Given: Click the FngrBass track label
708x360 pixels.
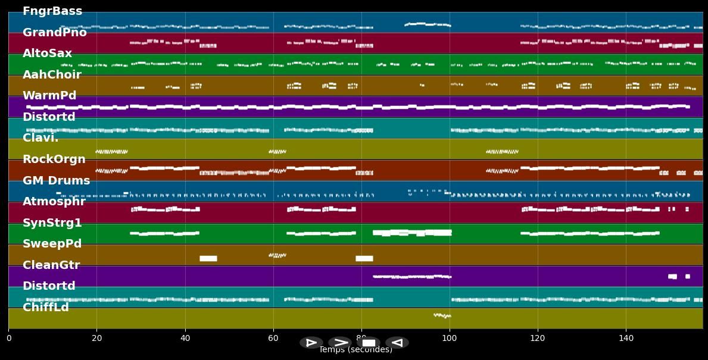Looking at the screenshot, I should [x=52, y=11].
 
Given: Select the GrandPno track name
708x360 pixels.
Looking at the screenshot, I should [x=55, y=33].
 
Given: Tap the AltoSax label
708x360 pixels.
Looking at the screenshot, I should [x=47, y=54].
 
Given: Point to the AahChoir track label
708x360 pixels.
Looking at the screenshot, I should [x=52, y=75].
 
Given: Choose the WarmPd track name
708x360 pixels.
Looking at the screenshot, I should [x=49, y=96].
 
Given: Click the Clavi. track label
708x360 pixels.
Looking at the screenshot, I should [x=40, y=138].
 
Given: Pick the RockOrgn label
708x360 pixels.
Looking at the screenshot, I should [x=54, y=159].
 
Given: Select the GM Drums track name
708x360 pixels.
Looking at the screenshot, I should [x=57, y=181].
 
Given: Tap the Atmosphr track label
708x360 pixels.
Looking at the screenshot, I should [x=54, y=202].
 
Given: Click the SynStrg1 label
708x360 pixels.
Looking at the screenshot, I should [x=52, y=223].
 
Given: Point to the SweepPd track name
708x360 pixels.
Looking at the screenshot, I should [x=52, y=244].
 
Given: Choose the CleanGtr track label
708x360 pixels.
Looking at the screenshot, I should [x=51, y=265].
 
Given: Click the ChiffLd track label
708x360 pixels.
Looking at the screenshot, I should [x=46, y=308].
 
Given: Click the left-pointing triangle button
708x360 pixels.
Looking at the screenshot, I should [x=397, y=343].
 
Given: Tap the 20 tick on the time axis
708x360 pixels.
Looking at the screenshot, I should [x=96, y=339].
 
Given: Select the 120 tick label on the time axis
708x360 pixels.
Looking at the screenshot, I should [x=538, y=339].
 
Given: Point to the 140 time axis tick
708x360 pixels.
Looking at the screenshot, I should [x=626, y=339].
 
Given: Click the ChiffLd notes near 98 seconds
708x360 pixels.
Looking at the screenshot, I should [x=442, y=315].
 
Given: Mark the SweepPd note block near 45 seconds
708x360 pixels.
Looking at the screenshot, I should [x=208, y=258].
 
